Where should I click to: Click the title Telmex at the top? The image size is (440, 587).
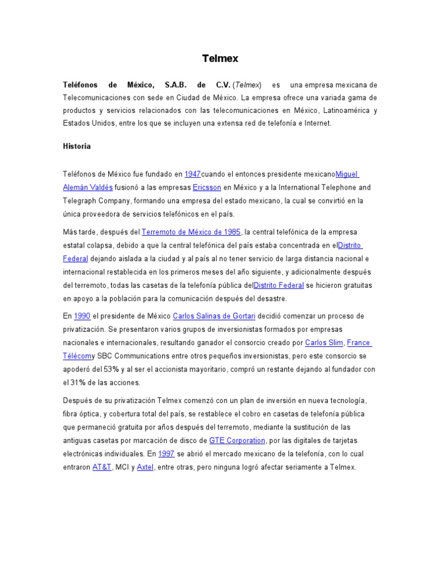(220, 58)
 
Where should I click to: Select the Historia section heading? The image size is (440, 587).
(77, 146)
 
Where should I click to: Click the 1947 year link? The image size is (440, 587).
(192, 174)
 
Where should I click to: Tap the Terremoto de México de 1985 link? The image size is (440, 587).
(191, 232)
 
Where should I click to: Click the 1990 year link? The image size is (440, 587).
(82, 316)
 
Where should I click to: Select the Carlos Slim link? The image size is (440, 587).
(324, 343)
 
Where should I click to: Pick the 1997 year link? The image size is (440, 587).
(166, 453)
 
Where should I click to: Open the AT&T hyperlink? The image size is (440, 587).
(102, 467)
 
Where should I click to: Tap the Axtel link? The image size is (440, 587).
(146, 467)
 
